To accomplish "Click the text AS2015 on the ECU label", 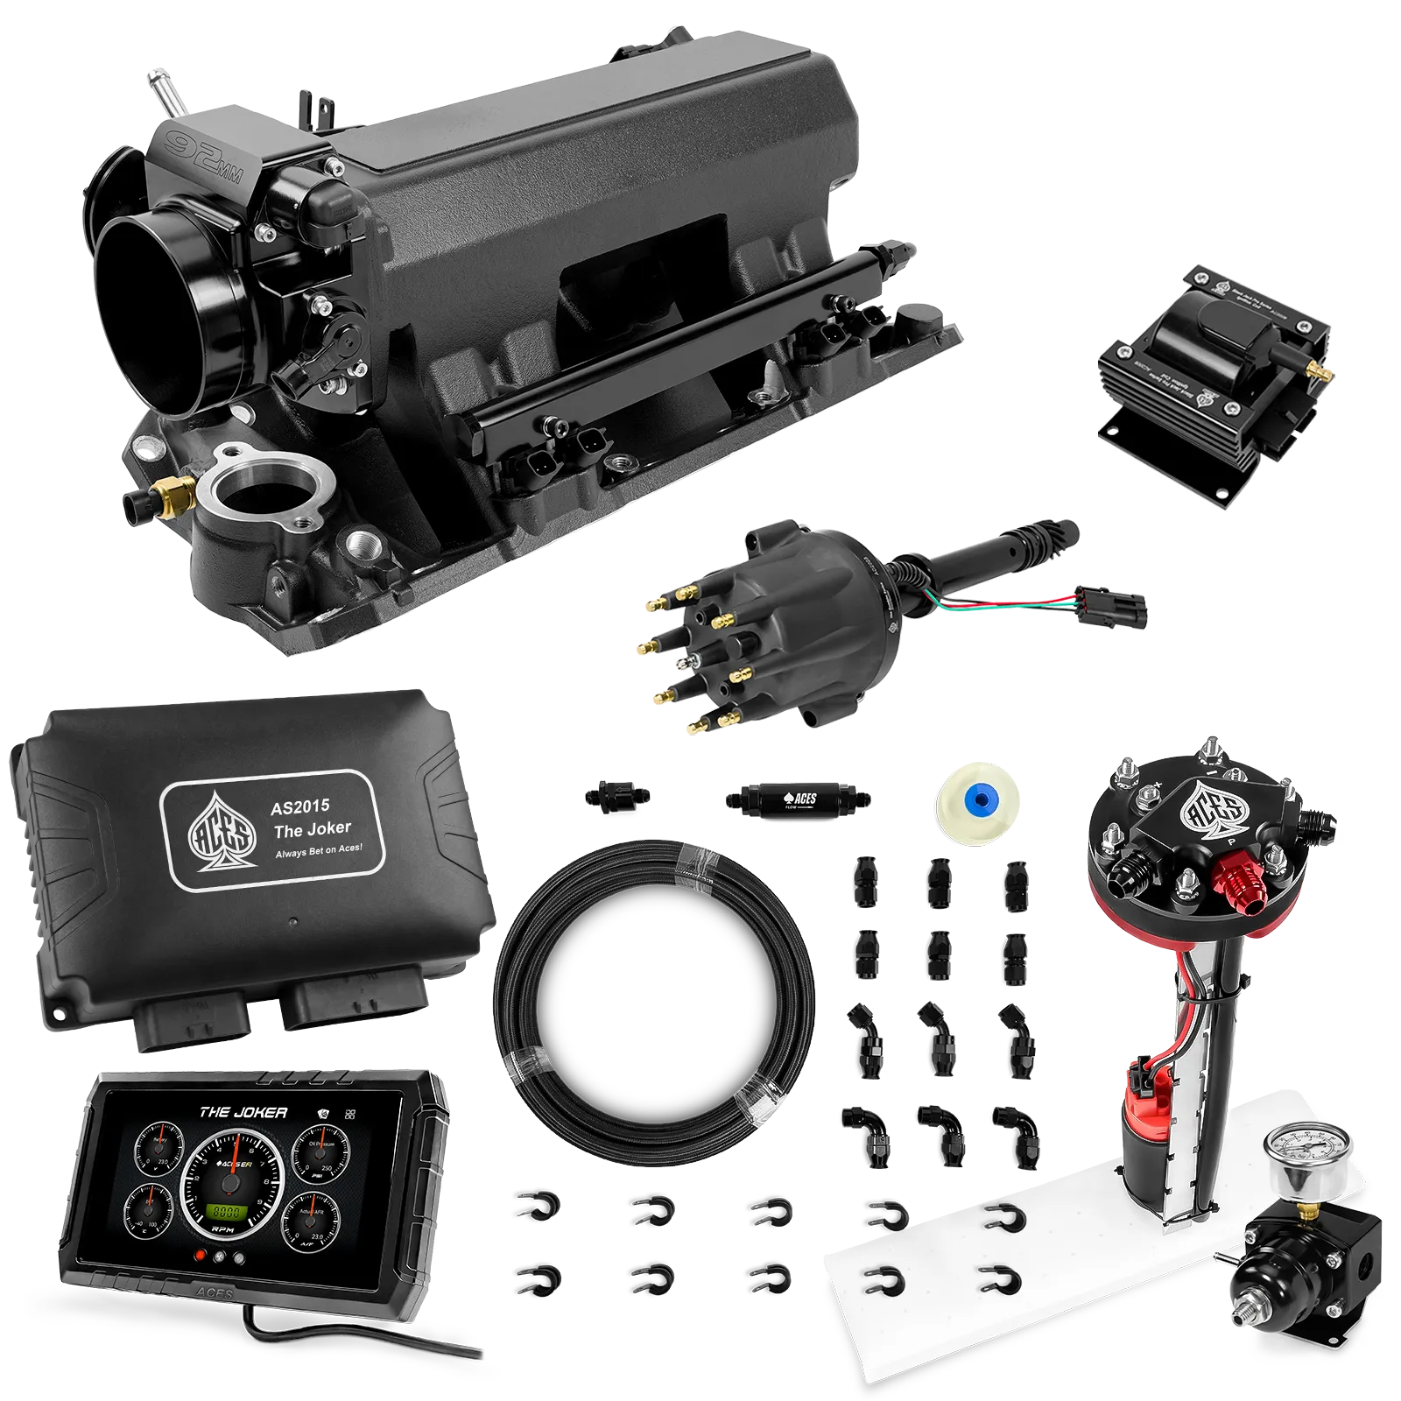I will pyautogui.click(x=300, y=806).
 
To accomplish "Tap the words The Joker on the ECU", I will pyautogui.click(x=312, y=828).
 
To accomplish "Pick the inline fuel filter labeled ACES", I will pyautogui.click(x=796, y=799).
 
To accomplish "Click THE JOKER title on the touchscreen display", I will pyautogui.click(x=243, y=1113).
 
